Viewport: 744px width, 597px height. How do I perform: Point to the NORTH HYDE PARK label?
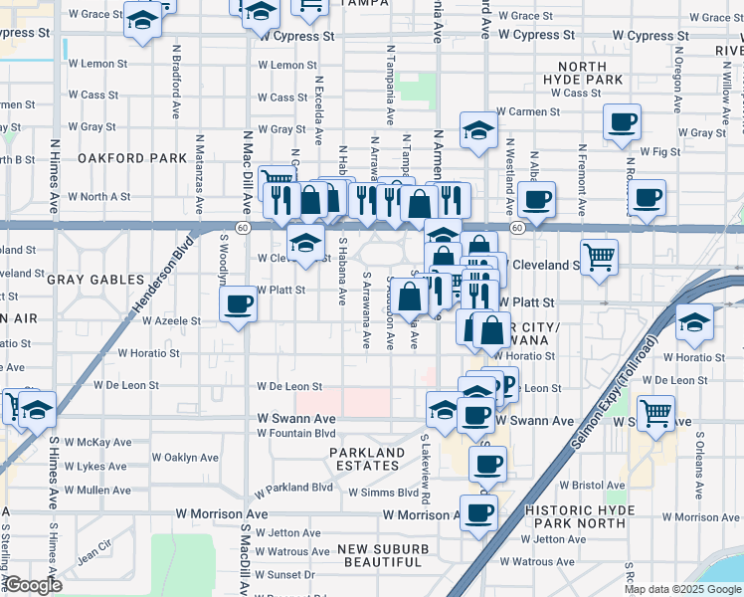click(x=583, y=73)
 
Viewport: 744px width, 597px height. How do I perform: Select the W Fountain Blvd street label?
click(x=296, y=433)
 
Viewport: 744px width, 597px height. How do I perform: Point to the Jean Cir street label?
click(x=94, y=548)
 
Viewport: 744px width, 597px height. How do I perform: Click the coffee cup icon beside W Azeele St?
click(x=238, y=303)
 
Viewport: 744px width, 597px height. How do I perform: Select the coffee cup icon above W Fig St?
click(x=623, y=123)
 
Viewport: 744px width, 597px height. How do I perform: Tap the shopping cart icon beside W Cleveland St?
click(x=599, y=257)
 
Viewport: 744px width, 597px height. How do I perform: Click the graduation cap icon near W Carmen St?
click(x=478, y=130)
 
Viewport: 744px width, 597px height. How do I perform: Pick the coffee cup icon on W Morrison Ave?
click(x=479, y=512)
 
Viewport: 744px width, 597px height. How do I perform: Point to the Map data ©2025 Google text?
click(x=681, y=589)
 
